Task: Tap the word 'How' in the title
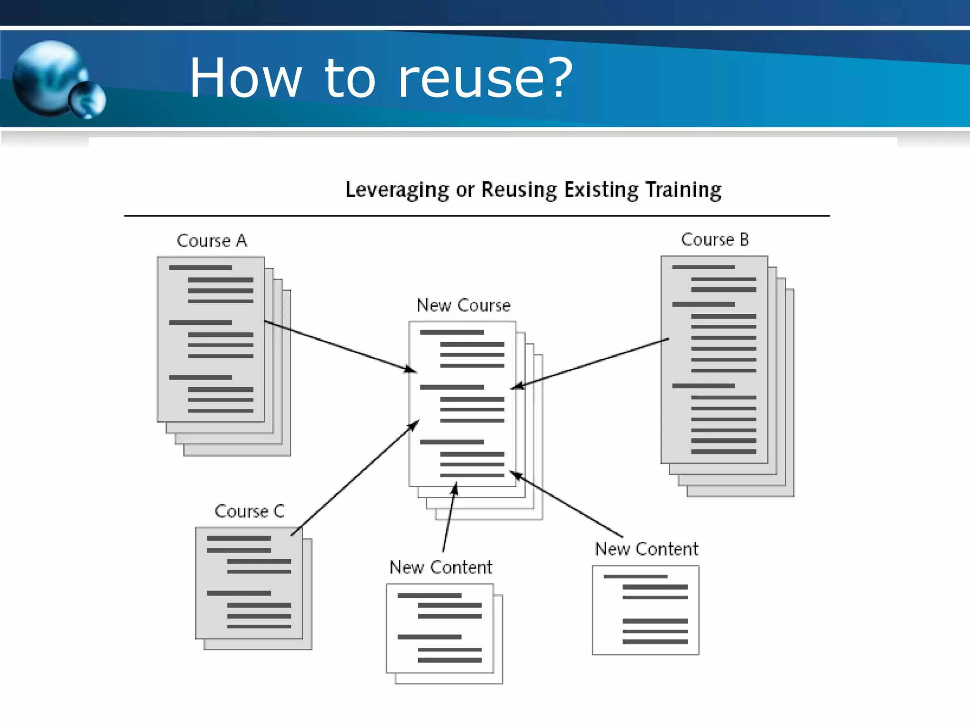[x=245, y=78]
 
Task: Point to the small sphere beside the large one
[x=88, y=100]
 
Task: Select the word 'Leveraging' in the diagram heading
[x=397, y=190]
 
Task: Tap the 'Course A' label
[x=212, y=241]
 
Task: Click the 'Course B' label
[x=715, y=240]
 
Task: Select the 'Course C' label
[x=250, y=511]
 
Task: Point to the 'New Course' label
[x=463, y=305]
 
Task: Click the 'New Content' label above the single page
[x=647, y=549]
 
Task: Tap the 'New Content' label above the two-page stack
[x=440, y=567]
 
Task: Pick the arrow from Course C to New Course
[x=355, y=478]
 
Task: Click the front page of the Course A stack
[x=211, y=339]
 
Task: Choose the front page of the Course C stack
[x=249, y=583]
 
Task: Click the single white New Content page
[x=645, y=610]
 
